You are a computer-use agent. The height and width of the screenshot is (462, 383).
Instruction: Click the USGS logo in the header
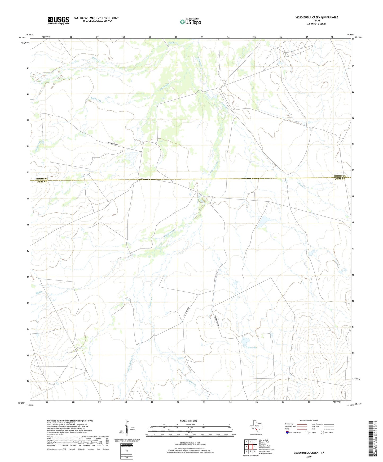coord(58,20)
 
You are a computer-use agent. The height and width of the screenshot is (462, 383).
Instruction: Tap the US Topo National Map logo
coord(190,21)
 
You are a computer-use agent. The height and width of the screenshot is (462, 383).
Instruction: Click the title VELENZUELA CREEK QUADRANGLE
coord(317,17)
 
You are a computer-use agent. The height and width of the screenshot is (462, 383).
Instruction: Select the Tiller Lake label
coord(252,348)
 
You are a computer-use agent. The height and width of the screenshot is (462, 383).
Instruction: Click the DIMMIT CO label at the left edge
coord(42,179)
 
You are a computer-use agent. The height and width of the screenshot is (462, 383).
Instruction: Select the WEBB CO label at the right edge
coord(340,179)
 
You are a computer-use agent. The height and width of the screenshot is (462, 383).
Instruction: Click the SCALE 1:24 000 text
coord(188,421)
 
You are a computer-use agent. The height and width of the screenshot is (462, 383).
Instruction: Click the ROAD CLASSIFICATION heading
coord(309,420)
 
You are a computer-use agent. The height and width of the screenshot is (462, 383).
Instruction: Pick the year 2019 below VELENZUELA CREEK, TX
coord(309,456)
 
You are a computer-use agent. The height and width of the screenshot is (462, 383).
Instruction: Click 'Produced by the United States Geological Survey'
coord(70,420)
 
